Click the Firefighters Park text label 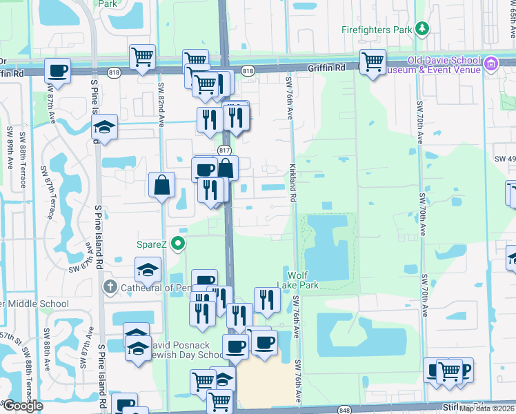tap(375, 29)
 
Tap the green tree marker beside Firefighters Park tap(421, 29)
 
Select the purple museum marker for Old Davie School tap(491, 65)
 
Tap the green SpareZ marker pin tap(179, 243)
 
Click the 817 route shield tap(224, 150)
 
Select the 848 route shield tap(346, 410)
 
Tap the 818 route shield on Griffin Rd tap(248, 70)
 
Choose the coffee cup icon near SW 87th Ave tap(58, 70)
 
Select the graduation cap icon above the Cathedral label tap(148, 270)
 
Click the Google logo tap(22, 406)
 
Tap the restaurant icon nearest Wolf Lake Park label tap(266, 300)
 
